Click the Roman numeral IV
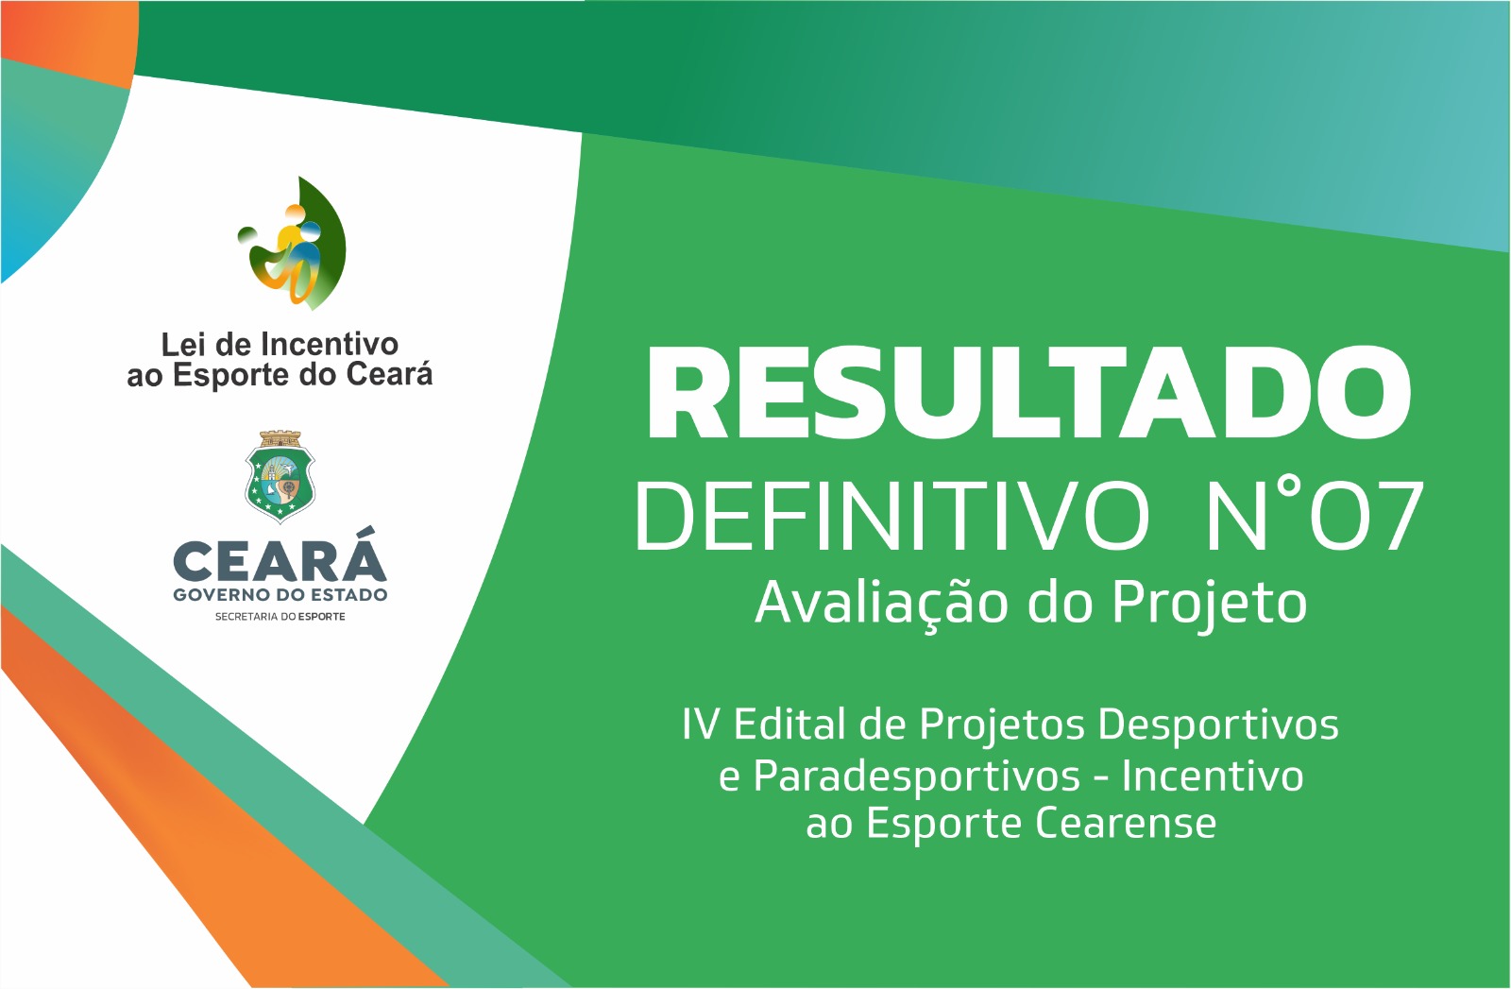click(701, 725)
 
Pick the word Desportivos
click(1218, 725)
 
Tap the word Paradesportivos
click(916, 776)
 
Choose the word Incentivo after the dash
click(1213, 776)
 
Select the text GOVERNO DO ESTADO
click(280, 595)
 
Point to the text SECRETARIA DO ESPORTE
click(280, 617)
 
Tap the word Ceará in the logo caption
click(389, 374)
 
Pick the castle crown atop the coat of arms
click(280, 438)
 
